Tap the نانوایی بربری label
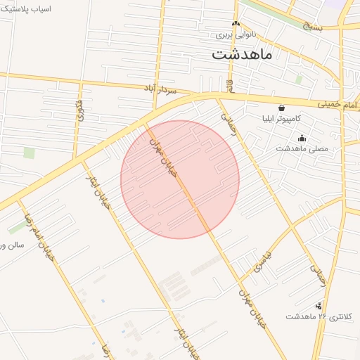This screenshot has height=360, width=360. point(236,34)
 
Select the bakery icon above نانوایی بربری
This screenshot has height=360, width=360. point(236,24)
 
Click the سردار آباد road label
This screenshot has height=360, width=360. point(167,89)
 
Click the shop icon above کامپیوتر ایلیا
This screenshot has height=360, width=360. point(281,108)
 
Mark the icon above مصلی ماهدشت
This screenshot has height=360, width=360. point(302,139)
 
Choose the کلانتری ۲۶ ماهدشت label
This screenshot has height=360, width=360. point(317,316)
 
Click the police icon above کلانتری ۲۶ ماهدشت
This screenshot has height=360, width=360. point(319,305)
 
